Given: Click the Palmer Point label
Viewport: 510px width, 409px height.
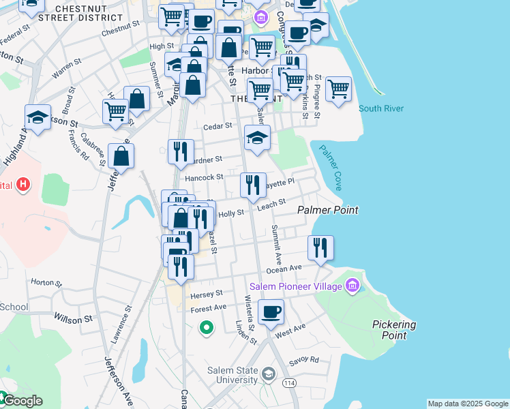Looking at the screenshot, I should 328,210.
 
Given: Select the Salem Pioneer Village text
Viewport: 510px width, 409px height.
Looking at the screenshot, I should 295,286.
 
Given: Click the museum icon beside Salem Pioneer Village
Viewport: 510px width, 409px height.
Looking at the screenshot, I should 352,284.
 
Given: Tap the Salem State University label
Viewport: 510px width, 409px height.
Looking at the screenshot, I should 232,375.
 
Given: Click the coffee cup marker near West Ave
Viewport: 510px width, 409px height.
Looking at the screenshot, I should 271,312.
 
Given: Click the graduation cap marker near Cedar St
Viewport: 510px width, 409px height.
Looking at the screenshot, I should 257,138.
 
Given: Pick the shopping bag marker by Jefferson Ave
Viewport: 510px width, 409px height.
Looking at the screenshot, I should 121,156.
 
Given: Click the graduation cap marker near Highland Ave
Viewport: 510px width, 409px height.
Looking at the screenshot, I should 37,117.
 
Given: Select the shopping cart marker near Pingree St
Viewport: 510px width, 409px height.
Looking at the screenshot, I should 338,89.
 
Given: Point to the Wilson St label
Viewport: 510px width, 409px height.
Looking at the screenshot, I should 73,319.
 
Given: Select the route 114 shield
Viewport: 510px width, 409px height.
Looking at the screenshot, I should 290,384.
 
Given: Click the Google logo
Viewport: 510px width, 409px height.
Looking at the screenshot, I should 22,401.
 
